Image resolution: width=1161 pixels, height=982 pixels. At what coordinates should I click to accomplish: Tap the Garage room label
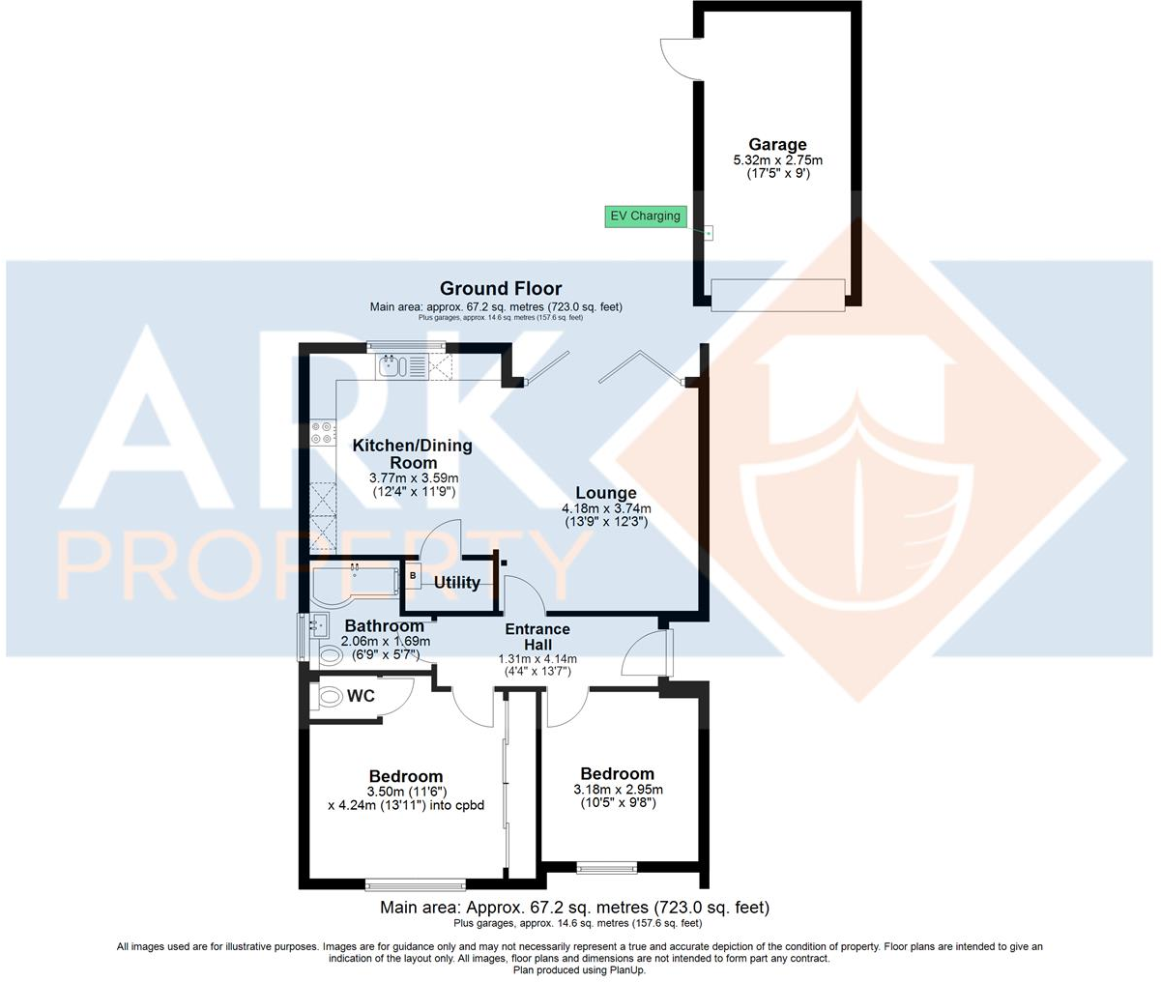tap(777, 145)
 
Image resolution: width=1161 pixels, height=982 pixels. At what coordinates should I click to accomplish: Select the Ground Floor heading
tap(501, 288)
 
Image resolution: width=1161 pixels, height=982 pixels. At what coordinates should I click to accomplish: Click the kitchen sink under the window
tap(392, 366)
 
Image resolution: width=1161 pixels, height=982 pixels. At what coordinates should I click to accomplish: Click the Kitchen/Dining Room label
tap(413, 453)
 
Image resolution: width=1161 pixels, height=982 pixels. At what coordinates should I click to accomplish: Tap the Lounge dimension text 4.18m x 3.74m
tap(606, 509)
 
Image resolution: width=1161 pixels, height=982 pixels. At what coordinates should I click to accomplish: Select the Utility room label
tap(457, 583)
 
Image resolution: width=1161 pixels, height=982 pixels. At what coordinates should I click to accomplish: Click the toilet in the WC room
tap(330, 696)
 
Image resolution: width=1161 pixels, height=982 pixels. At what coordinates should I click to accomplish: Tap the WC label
tap(362, 696)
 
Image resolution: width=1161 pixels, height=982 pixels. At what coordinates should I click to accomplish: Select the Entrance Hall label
tap(538, 637)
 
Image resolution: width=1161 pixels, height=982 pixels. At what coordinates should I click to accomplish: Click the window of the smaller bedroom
tap(607, 867)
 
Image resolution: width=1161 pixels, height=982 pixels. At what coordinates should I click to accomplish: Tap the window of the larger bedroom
tap(416, 883)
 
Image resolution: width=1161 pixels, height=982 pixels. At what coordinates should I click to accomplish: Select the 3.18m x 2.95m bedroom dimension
tap(617, 789)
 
